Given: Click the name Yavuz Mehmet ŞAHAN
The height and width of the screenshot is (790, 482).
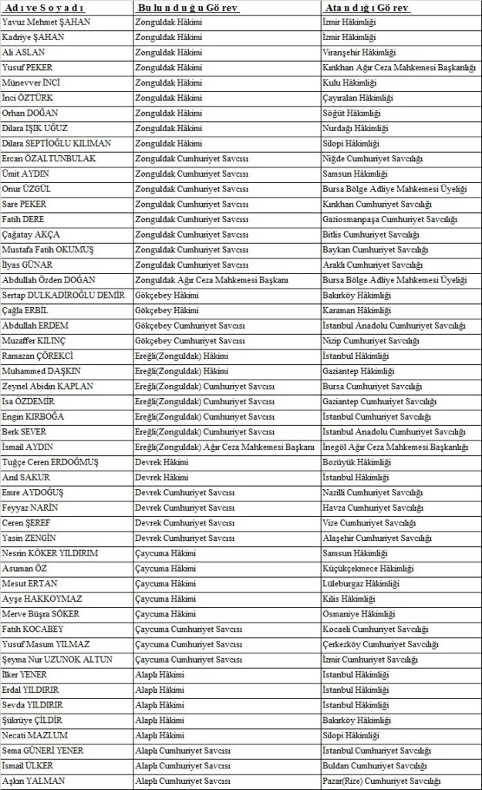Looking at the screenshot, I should [x=46, y=22].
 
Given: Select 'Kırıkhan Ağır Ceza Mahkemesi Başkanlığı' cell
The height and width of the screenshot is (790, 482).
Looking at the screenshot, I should [x=398, y=68].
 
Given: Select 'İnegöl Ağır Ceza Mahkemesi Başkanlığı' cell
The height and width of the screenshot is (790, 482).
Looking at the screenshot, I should [x=395, y=447].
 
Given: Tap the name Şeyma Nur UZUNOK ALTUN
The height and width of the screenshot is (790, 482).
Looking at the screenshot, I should [x=58, y=660].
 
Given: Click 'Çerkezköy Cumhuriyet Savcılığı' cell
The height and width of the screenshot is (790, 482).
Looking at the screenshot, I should [x=380, y=644].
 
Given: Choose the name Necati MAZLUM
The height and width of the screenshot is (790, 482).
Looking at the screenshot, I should [x=35, y=735].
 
